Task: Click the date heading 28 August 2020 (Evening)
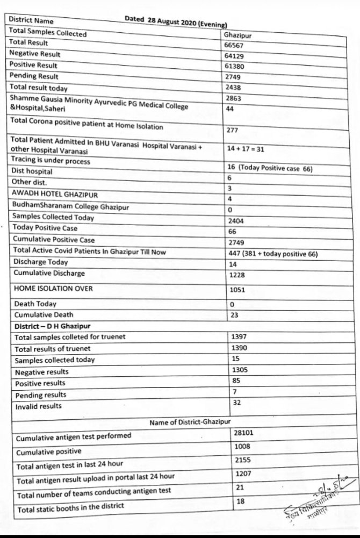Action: click(x=176, y=21)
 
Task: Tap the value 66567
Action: click(x=234, y=46)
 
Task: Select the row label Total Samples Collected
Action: click(x=48, y=32)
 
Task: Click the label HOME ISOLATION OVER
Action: click(x=53, y=289)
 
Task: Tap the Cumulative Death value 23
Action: click(x=234, y=315)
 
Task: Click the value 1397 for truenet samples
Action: click(x=239, y=336)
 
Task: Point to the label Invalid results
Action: click(x=38, y=407)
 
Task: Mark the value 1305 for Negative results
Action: click(x=239, y=370)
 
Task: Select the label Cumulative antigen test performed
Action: click(x=74, y=437)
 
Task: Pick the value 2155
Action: click(x=243, y=461)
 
